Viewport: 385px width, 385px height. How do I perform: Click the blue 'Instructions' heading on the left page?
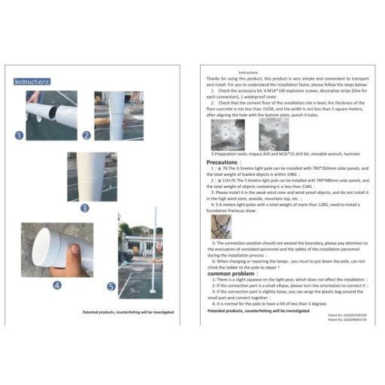point(32,81)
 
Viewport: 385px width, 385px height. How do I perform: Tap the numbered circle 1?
point(20,135)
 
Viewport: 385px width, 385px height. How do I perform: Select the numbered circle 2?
point(86,135)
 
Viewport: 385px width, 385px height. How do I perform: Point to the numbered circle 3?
point(84,208)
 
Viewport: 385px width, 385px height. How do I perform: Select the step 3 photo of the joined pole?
point(92,176)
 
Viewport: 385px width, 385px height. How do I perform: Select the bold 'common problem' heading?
point(231,273)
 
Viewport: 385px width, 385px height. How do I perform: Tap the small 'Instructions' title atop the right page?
point(247,72)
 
